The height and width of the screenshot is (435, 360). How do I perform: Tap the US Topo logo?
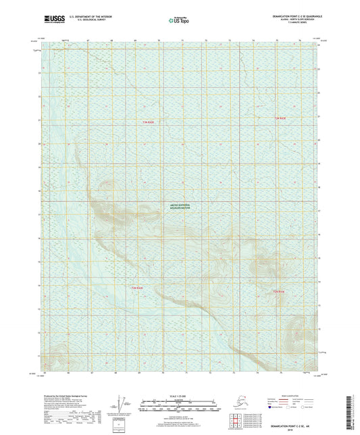point(179,21)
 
